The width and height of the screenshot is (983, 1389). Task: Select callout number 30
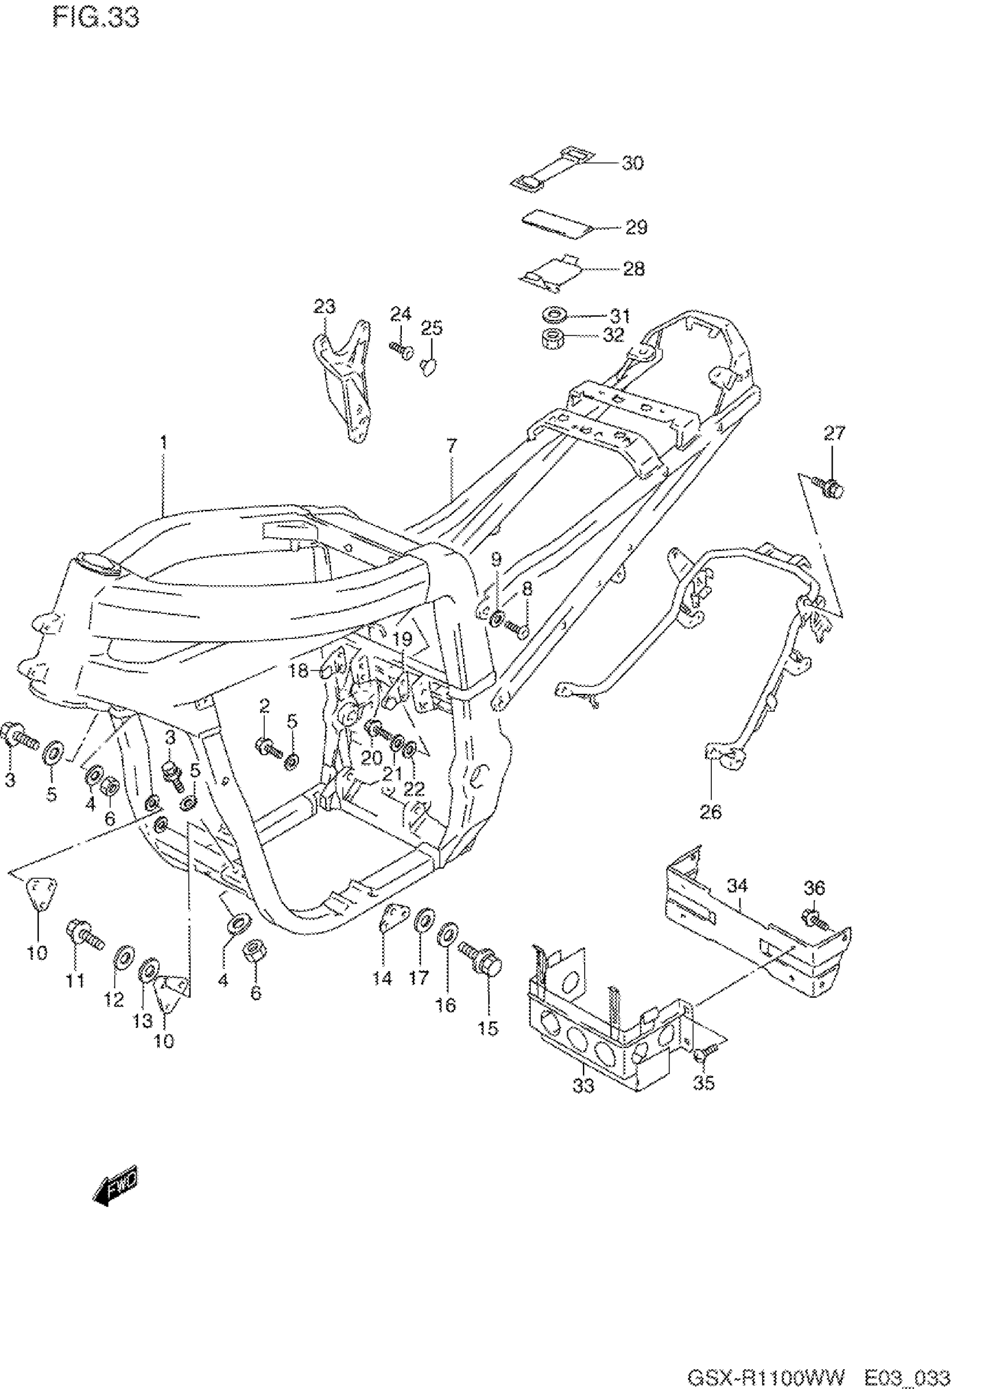633,164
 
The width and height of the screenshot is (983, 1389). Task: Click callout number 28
634,269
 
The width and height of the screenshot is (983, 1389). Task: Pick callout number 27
833,433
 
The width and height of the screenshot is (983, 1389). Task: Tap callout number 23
324,306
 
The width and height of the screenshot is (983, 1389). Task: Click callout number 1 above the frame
163,442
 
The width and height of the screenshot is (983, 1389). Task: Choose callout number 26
711,811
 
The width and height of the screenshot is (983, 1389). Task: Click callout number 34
737,886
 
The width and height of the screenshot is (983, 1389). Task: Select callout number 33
583,1086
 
